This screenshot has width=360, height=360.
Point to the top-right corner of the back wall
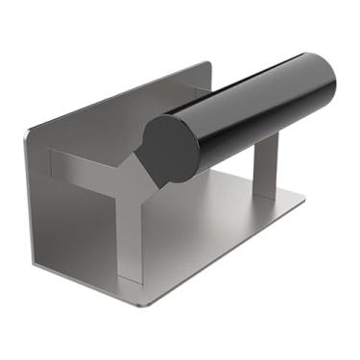coord(208,65)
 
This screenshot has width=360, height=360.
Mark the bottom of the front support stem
coord(131,277)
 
